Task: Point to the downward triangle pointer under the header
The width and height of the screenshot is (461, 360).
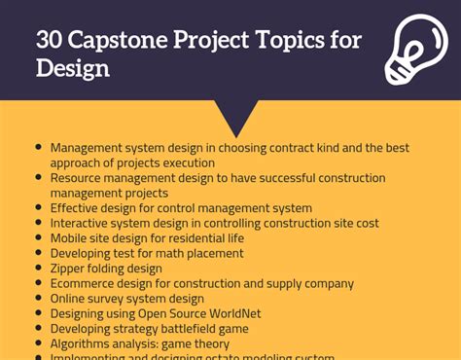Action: (x=236, y=118)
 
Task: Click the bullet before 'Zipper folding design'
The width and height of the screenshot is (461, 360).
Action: (x=39, y=267)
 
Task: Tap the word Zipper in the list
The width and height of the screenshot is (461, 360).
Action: (x=70, y=269)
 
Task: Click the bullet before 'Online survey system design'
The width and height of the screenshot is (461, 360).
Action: (x=39, y=297)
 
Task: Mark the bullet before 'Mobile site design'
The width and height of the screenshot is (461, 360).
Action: (x=39, y=236)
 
